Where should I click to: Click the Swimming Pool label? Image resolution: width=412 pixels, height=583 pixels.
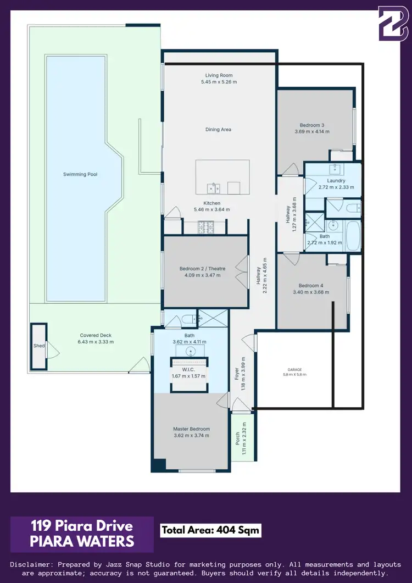click(x=80, y=174)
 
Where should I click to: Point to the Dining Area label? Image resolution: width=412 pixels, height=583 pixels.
click(x=218, y=130)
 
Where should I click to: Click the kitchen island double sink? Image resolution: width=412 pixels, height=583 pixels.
click(x=214, y=188)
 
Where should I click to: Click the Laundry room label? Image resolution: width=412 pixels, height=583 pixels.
click(x=336, y=181)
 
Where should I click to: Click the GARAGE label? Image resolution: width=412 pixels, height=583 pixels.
click(x=295, y=370)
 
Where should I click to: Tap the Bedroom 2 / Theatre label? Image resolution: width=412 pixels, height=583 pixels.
click(x=202, y=269)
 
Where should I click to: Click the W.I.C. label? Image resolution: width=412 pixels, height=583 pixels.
click(x=188, y=369)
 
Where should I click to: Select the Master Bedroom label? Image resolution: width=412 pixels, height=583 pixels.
click(x=191, y=429)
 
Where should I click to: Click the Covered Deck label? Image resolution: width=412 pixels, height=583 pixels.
click(x=96, y=335)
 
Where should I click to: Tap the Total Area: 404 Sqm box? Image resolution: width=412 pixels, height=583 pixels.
click(x=210, y=530)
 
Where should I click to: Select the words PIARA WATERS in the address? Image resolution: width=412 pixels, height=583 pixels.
click(x=82, y=541)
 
